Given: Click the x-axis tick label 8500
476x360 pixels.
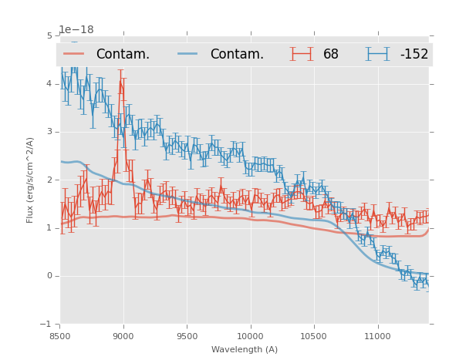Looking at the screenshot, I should (60, 336).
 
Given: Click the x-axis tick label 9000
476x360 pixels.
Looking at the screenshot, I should (123, 336).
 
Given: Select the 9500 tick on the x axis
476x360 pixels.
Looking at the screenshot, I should (187, 336).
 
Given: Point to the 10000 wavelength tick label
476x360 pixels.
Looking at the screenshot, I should (250, 336).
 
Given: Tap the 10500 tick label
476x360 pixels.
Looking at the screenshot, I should (313, 336).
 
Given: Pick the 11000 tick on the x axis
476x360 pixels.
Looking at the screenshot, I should (377, 336).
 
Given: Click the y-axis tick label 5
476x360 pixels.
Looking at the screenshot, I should (49, 35).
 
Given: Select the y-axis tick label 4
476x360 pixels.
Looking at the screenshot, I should (49, 84).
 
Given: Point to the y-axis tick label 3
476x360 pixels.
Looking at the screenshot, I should (49, 132).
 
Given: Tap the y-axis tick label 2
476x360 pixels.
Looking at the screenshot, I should (49, 180).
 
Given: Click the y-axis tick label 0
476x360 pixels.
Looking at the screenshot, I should (49, 276).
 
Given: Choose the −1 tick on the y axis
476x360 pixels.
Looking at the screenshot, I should (47, 325).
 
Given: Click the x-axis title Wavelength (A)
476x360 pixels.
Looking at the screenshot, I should (245, 349).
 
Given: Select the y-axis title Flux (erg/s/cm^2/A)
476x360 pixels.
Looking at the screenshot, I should (31, 180).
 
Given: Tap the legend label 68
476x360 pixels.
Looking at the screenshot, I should (331, 54).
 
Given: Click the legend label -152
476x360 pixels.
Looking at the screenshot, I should (414, 54).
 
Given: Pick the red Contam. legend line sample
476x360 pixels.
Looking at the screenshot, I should (74, 54).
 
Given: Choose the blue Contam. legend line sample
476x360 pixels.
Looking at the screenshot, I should (188, 54).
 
